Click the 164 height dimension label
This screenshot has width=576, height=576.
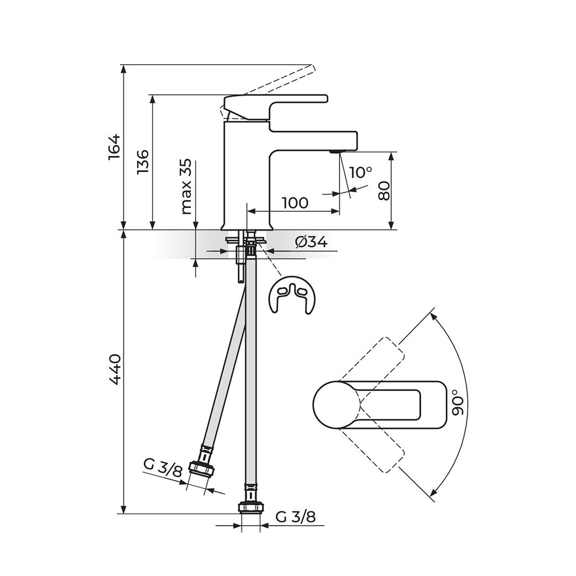click(x=114, y=146)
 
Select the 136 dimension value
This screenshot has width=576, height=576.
click(x=143, y=162)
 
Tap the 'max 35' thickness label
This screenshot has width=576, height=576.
click(x=187, y=187)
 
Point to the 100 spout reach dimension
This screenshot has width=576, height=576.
click(x=295, y=202)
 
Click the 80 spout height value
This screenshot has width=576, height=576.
click(x=384, y=191)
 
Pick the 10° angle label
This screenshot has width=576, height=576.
click(x=360, y=172)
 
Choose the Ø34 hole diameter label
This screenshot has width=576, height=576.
click(x=311, y=242)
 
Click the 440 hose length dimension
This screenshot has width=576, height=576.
click(x=114, y=370)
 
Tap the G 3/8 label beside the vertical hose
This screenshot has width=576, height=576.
click(x=295, y=517)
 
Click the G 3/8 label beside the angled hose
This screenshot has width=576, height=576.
click(x=163, y=468)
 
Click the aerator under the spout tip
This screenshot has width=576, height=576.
click(x=335, y=151)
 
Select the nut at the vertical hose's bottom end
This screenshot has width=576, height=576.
click(x=251, y=507)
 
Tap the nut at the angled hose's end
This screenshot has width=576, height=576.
click(x=201, y=469)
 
